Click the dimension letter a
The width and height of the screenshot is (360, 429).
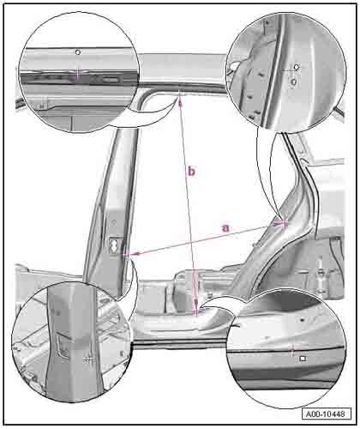[225, 228]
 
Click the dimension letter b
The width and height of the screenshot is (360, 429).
[191, 171]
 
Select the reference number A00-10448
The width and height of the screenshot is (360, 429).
[326, 414]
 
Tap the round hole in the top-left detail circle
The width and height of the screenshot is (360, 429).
[78, 52]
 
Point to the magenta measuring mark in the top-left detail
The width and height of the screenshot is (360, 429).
[78, 75]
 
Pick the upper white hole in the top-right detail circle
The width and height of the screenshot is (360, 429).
[297, 67]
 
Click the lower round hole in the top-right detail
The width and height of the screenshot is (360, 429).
[294, 82]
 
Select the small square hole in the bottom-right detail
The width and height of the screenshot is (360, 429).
[303, 359]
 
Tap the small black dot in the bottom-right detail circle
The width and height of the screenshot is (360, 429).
[302, 320]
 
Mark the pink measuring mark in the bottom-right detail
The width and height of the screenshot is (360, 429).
[291, 349]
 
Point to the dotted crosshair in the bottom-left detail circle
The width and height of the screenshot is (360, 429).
[88, 360]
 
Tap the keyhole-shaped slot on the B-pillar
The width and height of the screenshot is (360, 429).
[114, 245]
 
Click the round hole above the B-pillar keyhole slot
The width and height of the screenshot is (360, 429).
[113, 222]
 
